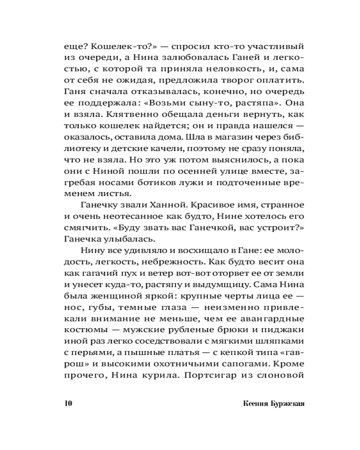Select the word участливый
click(270, 46)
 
